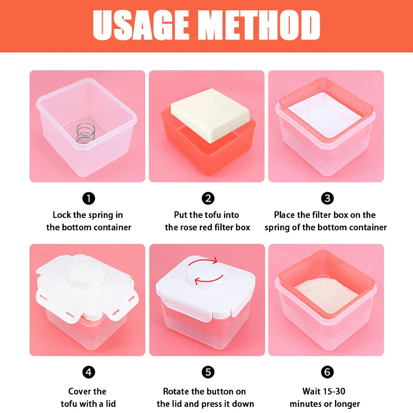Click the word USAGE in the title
tap(141, 25)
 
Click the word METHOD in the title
tap(262, 25)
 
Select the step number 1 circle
tap(88, 198)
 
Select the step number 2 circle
tap(208, 198)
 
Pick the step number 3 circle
tap(327, 198)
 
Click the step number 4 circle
tap(88, 372)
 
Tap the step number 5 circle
tap(208, 372)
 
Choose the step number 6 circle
tap(327, 372)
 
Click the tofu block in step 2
tap(210, 115)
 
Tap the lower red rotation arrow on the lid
tap(209, 280)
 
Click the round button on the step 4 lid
tap(86, 275)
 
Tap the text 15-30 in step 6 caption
tap(334, 391)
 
